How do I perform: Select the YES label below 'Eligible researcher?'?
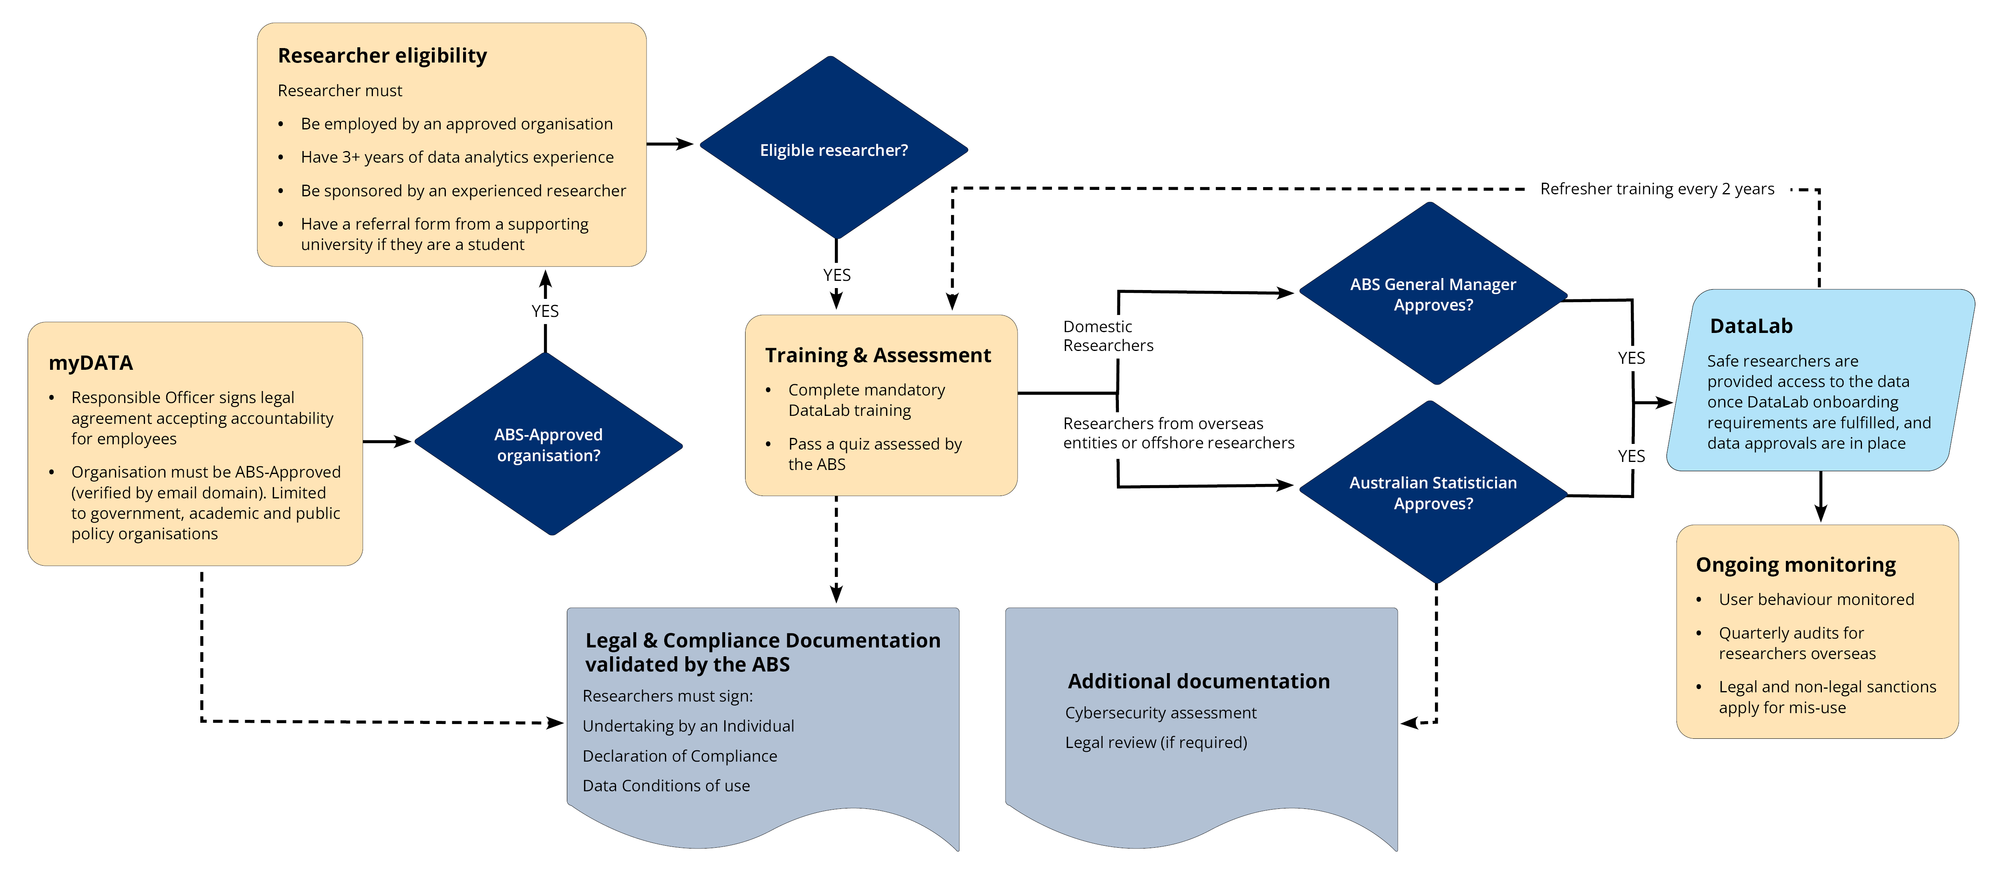pyautogui.click(x=837, y=274)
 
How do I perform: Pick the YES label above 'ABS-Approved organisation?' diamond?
pyautogui.click(x=545, y=310)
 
